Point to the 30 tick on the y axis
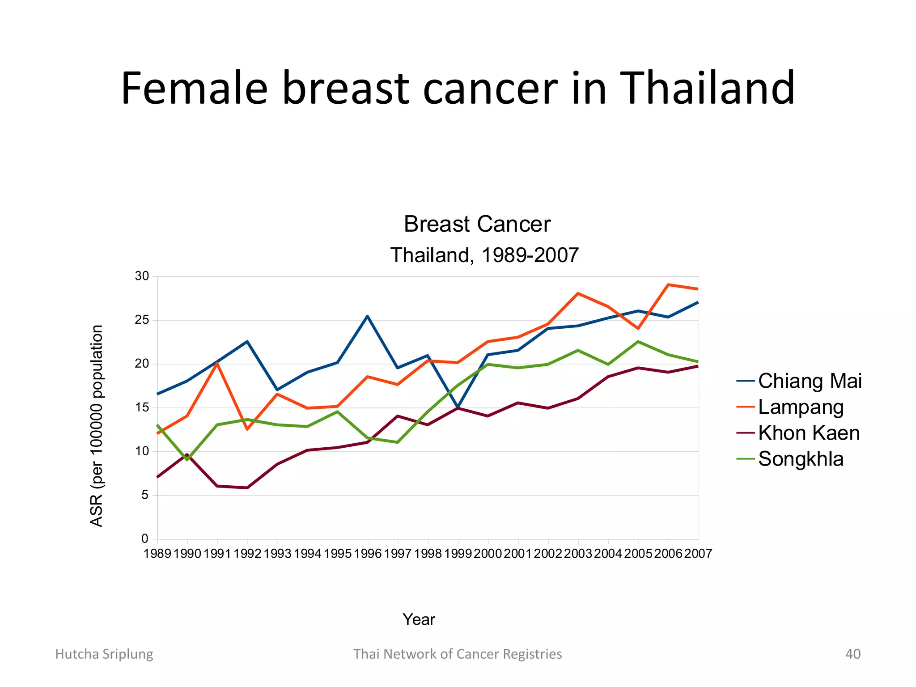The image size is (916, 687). (142, 276)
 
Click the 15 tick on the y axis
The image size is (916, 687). (142, 407)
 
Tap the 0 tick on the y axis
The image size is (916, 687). (145, 539)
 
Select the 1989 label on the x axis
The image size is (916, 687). (157, 554)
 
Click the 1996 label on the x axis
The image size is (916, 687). (368, 554)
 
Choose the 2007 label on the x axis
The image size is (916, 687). (698, 554)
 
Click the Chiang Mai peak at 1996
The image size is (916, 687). (367, 316)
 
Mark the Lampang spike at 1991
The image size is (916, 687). (217, 364)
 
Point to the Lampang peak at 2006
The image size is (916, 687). (668, 284)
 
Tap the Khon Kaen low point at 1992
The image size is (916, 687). (247, 488)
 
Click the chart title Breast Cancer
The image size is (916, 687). (477, 224)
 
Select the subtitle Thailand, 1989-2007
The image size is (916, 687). (484, 255)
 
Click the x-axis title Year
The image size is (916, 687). (419, 619)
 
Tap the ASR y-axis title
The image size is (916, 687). (97, 426)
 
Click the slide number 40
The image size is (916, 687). (852, 654)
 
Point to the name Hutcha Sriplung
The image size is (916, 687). (104, 654)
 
